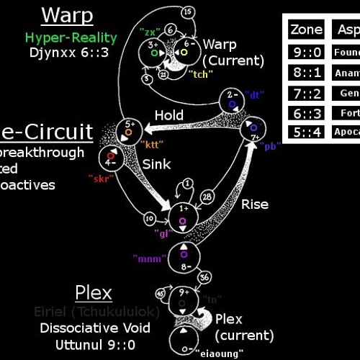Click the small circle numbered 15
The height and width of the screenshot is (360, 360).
[x=186, y=12]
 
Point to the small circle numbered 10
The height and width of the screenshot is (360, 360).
[x=150, y=218]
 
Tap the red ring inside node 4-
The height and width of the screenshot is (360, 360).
[x=110, y=154]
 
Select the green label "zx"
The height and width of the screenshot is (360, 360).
[x=150, y=32]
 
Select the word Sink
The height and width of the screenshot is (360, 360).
[x=156, y=164]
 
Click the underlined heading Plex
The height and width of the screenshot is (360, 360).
[x=93, y=292]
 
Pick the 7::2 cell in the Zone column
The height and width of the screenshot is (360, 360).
[x=307, y=94]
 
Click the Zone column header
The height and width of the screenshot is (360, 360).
[x=307, y=30]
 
